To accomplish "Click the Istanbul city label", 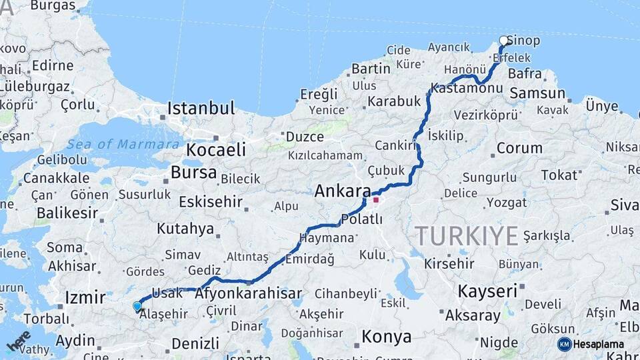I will tap(201, 109).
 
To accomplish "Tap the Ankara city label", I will tap(342, 191).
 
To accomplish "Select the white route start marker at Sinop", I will tap(504, 41).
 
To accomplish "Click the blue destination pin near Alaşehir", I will tap(137, 307).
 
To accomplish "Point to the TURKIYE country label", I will tap(467, 236).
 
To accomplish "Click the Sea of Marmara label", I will tap(123, 144).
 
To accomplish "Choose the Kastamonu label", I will tap(466, 89).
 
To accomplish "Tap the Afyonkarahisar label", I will tap(248, 293).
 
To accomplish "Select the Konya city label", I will tap(386, 337).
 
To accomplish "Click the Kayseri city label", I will tap(487, 291).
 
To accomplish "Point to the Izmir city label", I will tap(85, 297).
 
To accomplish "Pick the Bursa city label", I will tap(193, 173).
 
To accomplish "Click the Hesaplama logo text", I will tap(599, 344).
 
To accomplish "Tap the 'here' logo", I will tap(19, 340).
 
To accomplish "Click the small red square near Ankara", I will tap(376, 199).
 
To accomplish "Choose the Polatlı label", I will tap(361, 219).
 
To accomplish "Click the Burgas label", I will tap(53, 6).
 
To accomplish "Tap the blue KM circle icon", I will tap(565, 344).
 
